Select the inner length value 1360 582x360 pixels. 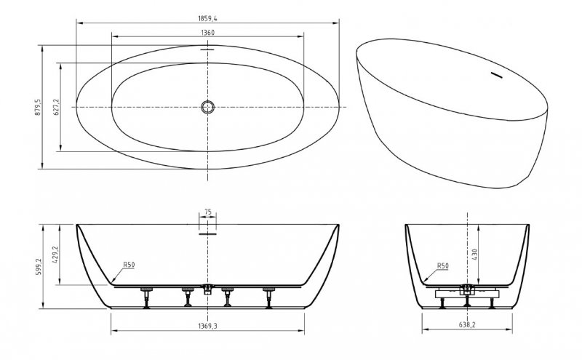coord(208,31)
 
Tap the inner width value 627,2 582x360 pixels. coord(56,107)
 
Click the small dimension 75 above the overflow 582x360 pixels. coord(208,212)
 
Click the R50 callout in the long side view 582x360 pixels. coord(128,265)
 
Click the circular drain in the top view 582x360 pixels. coord(208,107)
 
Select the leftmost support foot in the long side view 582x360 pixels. coord(145,297)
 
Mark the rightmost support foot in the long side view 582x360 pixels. coord(269,297)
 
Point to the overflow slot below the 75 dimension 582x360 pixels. coord(208,234)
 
